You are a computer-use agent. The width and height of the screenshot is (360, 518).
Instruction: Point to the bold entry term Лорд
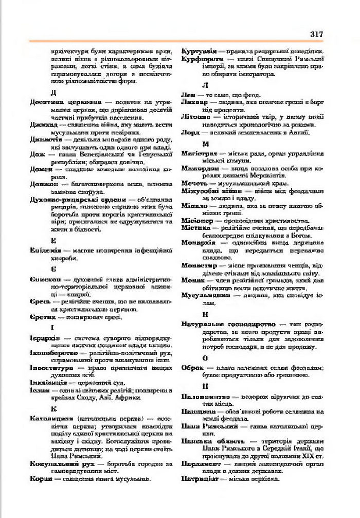tap(190, 132)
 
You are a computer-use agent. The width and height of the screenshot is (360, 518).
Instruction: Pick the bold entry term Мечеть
tap(194, 183)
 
